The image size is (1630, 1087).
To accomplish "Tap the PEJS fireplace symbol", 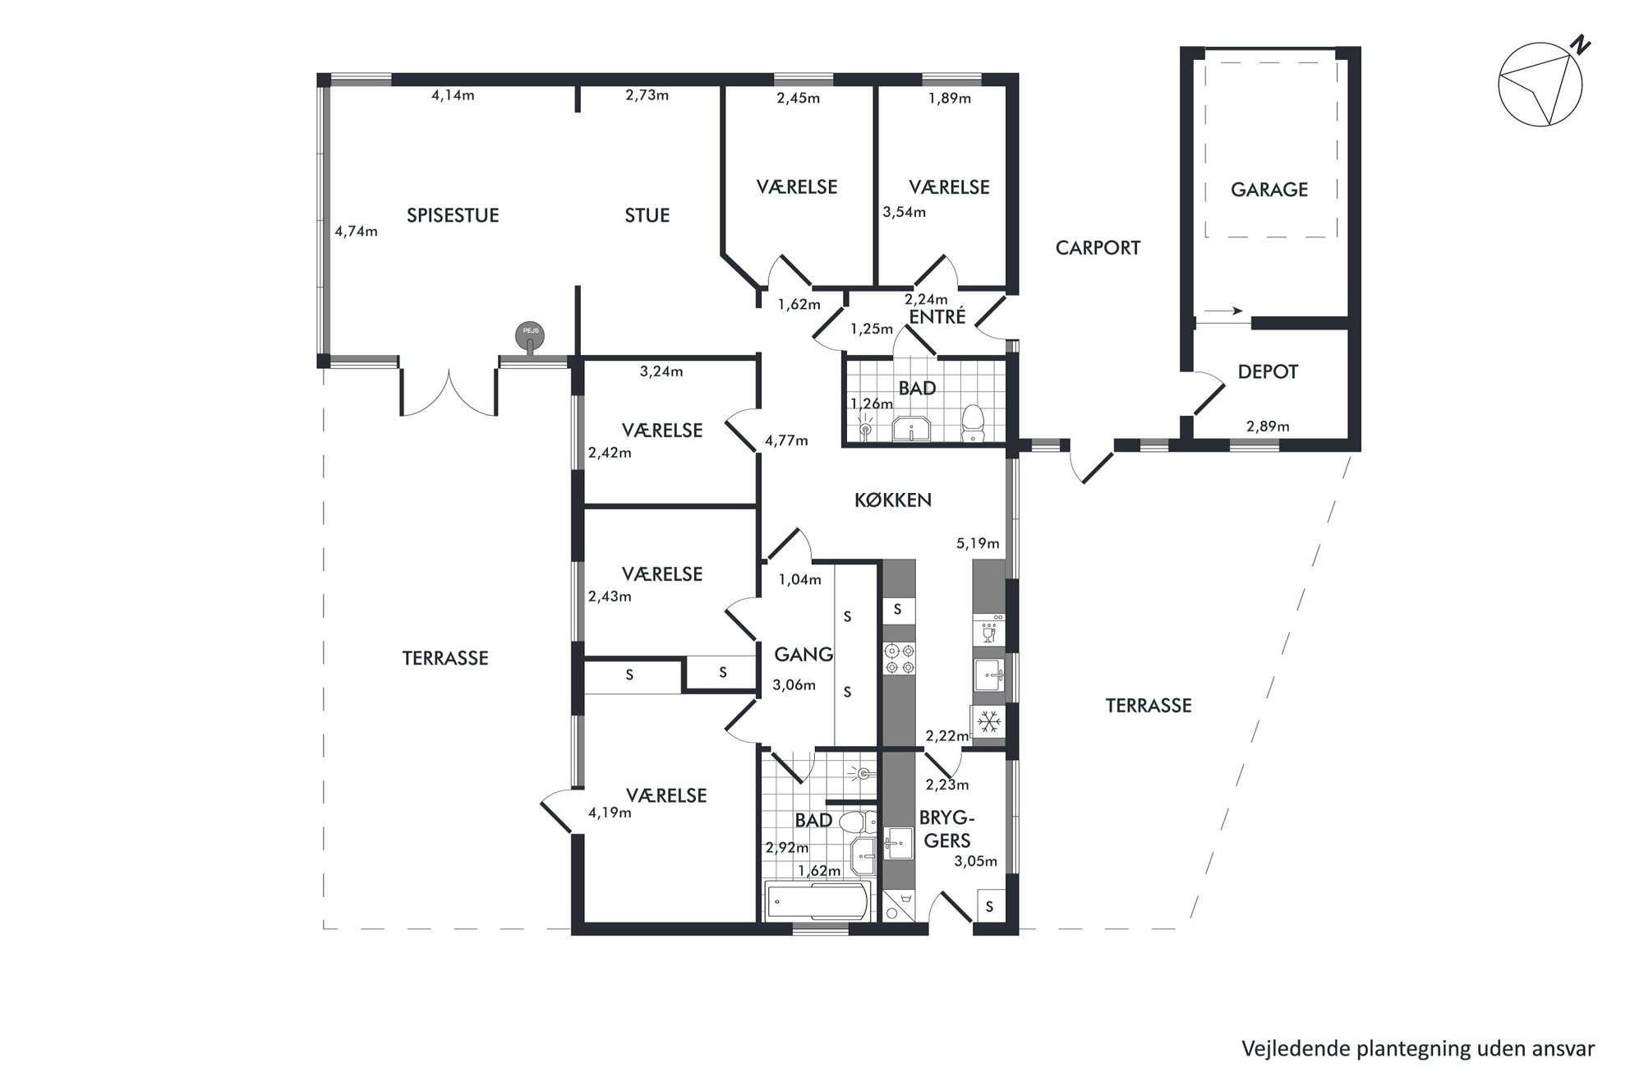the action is pos(530,337).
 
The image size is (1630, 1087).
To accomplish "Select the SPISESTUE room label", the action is pos(453,215).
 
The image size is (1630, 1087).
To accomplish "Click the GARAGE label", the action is pos(1269,190).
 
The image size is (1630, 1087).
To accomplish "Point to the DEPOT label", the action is pos(1268,372).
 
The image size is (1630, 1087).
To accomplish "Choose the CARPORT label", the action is pos(1098,247).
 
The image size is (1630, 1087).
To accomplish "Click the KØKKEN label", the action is pos(893,500).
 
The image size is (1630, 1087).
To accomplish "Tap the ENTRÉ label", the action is pos(938,316).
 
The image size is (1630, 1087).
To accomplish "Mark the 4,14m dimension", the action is pos(453,95).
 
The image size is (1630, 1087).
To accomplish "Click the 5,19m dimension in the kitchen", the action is pos(978,543).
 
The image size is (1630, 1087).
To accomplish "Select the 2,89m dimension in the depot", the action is pos(1268,426).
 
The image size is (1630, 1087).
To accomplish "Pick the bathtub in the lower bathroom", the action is pos(817,902).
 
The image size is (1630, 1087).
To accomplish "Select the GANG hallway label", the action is pos(803,654).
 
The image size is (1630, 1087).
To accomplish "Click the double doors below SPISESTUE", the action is pos(449,393).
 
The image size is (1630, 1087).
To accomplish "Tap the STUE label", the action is pos(647,215).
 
